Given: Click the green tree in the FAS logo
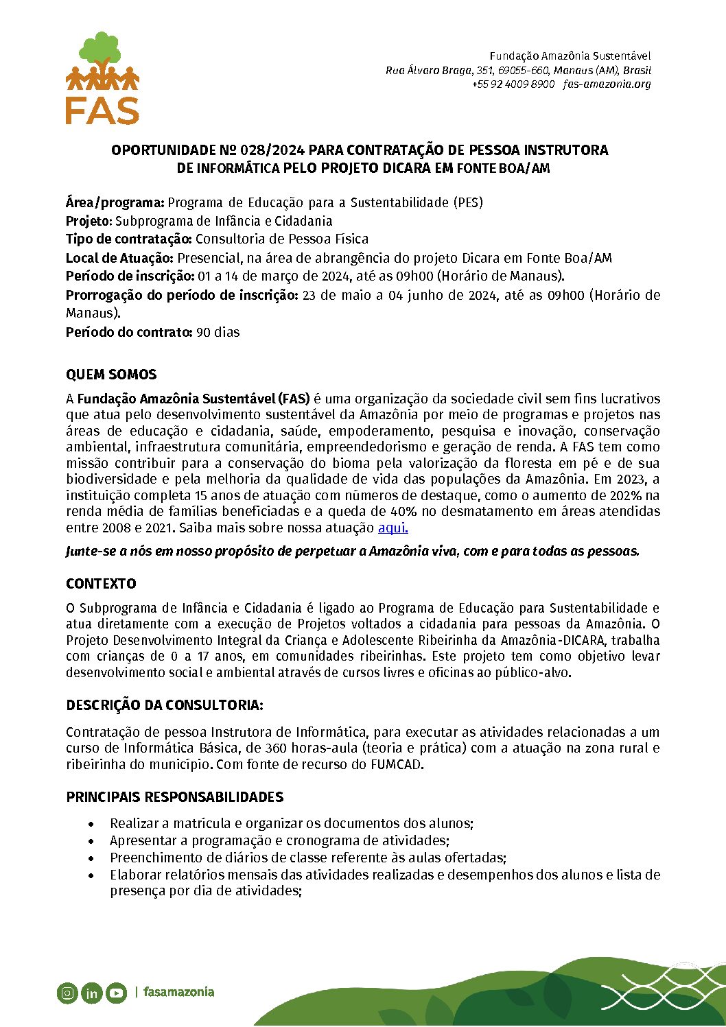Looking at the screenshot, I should (x=100, y=49).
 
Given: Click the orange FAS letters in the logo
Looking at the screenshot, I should (x=102, y=110).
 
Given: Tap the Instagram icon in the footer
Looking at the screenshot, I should (x=67, y=993).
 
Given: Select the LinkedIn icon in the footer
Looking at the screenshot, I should (x=91, y=993).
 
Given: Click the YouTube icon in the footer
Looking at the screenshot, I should (x=116, y=993).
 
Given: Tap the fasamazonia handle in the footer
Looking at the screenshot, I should (x=178, y=992).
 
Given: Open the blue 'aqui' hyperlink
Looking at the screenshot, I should (x=393, y=528).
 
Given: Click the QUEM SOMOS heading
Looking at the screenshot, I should (x=111, y=375).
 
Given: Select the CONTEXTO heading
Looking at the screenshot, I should (x=101, y=584).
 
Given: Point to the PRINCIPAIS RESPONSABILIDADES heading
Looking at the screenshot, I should (x=174, y=797).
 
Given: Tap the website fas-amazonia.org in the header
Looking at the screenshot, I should (x=607, y=84).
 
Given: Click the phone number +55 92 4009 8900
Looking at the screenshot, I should (x=513, y=84).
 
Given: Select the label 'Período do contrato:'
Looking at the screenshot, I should (x=129, y=332).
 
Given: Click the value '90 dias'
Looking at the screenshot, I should (x=218, y=332).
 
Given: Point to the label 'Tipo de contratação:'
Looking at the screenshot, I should (x=128, y=239).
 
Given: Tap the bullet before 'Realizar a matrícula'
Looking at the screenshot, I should (x=92, y=824).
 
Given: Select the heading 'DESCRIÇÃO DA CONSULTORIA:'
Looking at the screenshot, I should (x=165, y=705).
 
